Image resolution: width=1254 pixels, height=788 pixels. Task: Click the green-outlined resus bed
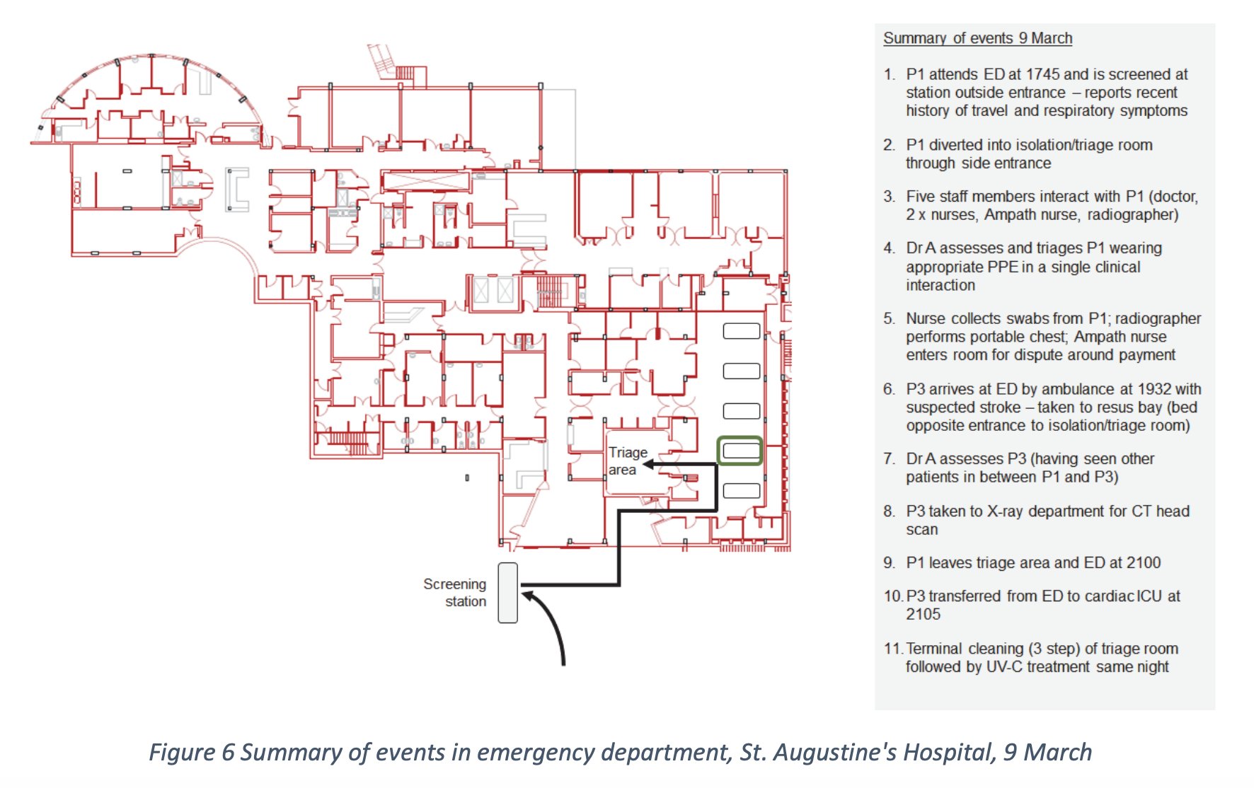coord(740,451)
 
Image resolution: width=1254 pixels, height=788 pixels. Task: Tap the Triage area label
coord(627,460)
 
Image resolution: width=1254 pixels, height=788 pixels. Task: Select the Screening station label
coord(455,593)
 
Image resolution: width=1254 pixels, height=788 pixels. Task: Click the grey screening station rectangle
coord(507,593)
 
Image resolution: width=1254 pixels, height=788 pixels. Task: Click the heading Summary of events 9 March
coord(977,38)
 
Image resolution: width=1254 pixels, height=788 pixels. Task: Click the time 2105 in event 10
coord(923,614)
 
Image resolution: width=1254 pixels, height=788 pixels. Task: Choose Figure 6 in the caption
coord(191,752)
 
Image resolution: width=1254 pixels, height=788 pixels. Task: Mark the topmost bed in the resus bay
coord(741,331)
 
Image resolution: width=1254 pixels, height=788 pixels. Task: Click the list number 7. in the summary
coord(890,458)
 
